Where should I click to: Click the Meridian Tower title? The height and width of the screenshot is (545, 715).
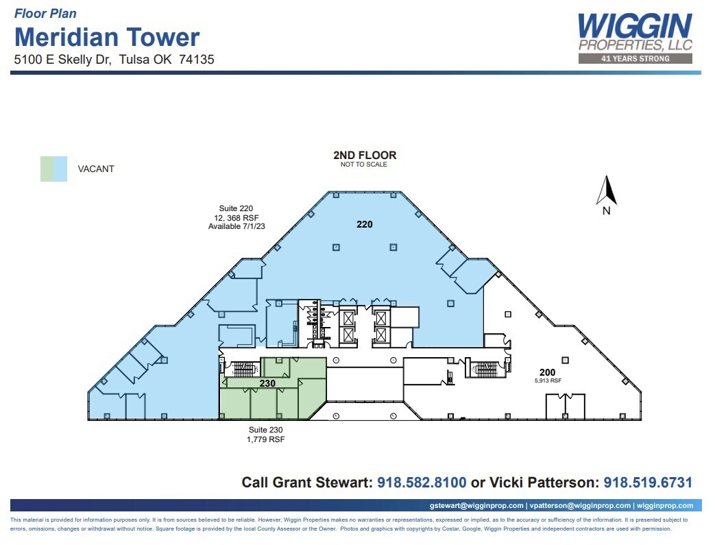click(x=107, y=36)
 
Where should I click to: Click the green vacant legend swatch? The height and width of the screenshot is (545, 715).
click(x=47, y=169)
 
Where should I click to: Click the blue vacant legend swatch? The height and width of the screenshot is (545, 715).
click(x=60, y=169)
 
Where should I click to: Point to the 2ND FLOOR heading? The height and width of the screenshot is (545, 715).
click(x=365, y=156)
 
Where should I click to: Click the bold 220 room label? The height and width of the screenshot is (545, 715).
click(x=365, y=224)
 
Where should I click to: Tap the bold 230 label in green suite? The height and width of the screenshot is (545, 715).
click(x=267, y=385)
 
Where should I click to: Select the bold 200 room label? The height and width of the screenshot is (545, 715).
click(x=566, y=372)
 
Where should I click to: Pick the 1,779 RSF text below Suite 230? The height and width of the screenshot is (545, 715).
click(x=266, y=439)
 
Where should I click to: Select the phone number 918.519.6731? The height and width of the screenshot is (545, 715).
click(x=648, y=483)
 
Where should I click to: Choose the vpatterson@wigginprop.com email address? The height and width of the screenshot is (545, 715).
click(x=579, y=506)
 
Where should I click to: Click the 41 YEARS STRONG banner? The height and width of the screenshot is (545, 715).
click(x=635, y=59)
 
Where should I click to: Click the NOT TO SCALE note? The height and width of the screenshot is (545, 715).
click(x=364, y=165)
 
